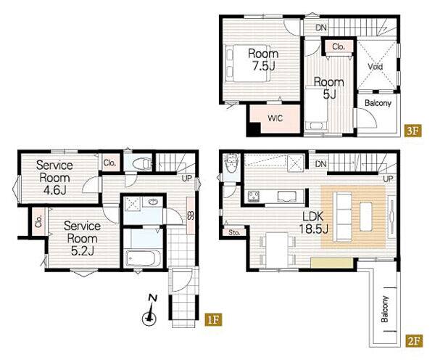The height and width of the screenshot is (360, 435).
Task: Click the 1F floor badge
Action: pyautogui.click(x=214, y=320)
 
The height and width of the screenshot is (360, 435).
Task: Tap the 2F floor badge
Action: pyautogui.click(x=415, y=340)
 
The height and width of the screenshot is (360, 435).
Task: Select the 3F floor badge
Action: pyautogui.click(x=413, y=131)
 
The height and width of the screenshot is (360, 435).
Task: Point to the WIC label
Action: pyautogui.click(x=275, y=118)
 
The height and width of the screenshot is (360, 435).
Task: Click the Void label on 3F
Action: pyautogui.click(x=376, y=66)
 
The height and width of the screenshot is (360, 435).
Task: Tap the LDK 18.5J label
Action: pyautogui.click(x=314, y=223)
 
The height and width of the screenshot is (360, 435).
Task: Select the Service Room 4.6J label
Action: pyautogui.click(x=54, y=178)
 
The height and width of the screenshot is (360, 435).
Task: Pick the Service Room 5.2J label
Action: pyautogui.click(x=82, y=238)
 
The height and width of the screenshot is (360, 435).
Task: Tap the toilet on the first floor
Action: pyautogui.click(x=142, y=163)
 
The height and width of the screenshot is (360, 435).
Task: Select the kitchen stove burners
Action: pyautogui.click(x=254, y=196)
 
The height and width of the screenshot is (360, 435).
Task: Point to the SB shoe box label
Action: pyautogui.click(x=191, y=216)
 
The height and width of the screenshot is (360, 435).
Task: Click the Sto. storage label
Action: pyautogui.click(x=234, y=232)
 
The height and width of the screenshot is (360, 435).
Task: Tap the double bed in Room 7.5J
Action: pyautogui.click(x=248, y=63)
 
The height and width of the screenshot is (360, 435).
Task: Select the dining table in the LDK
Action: pyautogui.click(x=277, y=250)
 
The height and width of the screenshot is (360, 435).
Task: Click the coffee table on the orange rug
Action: pyautogui.click(x=366, y=217)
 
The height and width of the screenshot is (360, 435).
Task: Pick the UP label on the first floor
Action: pyautogui.click(x=187, y=179)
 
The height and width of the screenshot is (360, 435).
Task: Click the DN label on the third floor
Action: pyautogui.click(x=321, y=28)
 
